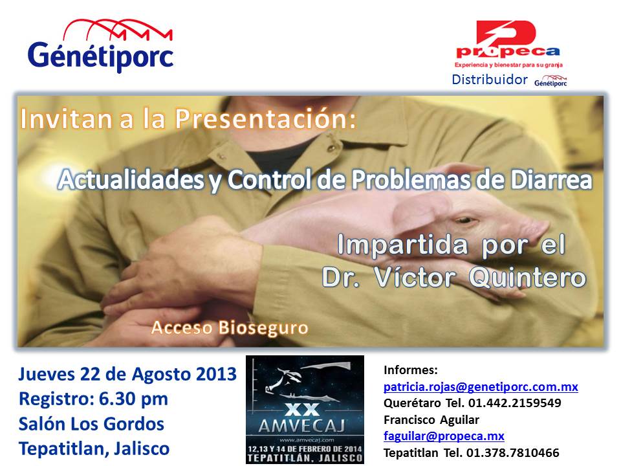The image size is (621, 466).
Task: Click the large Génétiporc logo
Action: click(x=101, y=45)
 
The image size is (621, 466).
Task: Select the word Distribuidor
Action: click(x=490, y=80)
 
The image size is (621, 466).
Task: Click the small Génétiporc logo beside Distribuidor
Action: click(x=550, y=81)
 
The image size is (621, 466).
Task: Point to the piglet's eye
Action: click(x=465, y=219)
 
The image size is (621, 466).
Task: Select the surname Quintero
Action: click(x=527, y=277)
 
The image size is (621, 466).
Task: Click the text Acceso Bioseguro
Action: click(x=230, y=328)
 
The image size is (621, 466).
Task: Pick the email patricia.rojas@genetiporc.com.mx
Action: click(x=481, y=386)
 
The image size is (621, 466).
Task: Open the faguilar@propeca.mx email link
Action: click(x=444, y=436)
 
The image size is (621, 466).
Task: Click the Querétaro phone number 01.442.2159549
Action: click(x=514, y=403)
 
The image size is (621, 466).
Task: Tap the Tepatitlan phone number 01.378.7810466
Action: click(x=512, y=452)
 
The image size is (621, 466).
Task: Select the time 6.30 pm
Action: click(x=133, y=399)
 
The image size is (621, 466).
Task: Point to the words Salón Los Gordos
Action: click(x=91, y=424)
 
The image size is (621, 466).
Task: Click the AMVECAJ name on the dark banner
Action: click(x=302, y=426)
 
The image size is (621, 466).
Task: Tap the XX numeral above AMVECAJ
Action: click(x=302, y=410)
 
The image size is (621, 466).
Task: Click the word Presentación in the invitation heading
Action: click(x=266, y=118)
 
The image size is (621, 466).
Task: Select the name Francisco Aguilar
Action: click(x=431, y=419)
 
